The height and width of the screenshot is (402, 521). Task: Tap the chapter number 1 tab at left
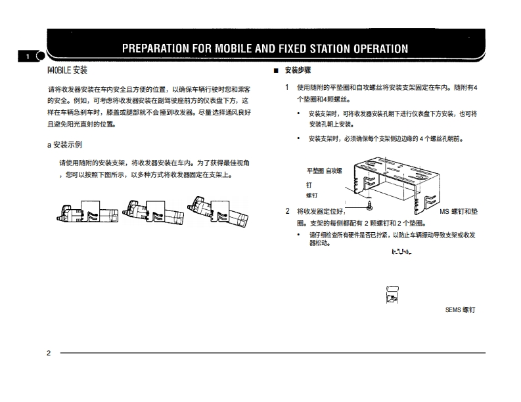(28, 57)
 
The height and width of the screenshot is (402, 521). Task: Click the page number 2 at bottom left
(49, 353)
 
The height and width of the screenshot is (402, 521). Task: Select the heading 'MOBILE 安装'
(68, 70)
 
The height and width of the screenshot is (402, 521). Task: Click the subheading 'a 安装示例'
(64, 145)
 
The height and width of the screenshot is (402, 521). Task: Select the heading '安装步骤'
(298, 70)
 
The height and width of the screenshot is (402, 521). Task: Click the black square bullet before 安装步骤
(276, 70)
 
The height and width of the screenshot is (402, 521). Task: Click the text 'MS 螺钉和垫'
(459, 211)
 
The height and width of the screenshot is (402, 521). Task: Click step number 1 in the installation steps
(287, 87)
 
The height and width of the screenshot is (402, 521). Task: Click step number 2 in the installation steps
(287, 211)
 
